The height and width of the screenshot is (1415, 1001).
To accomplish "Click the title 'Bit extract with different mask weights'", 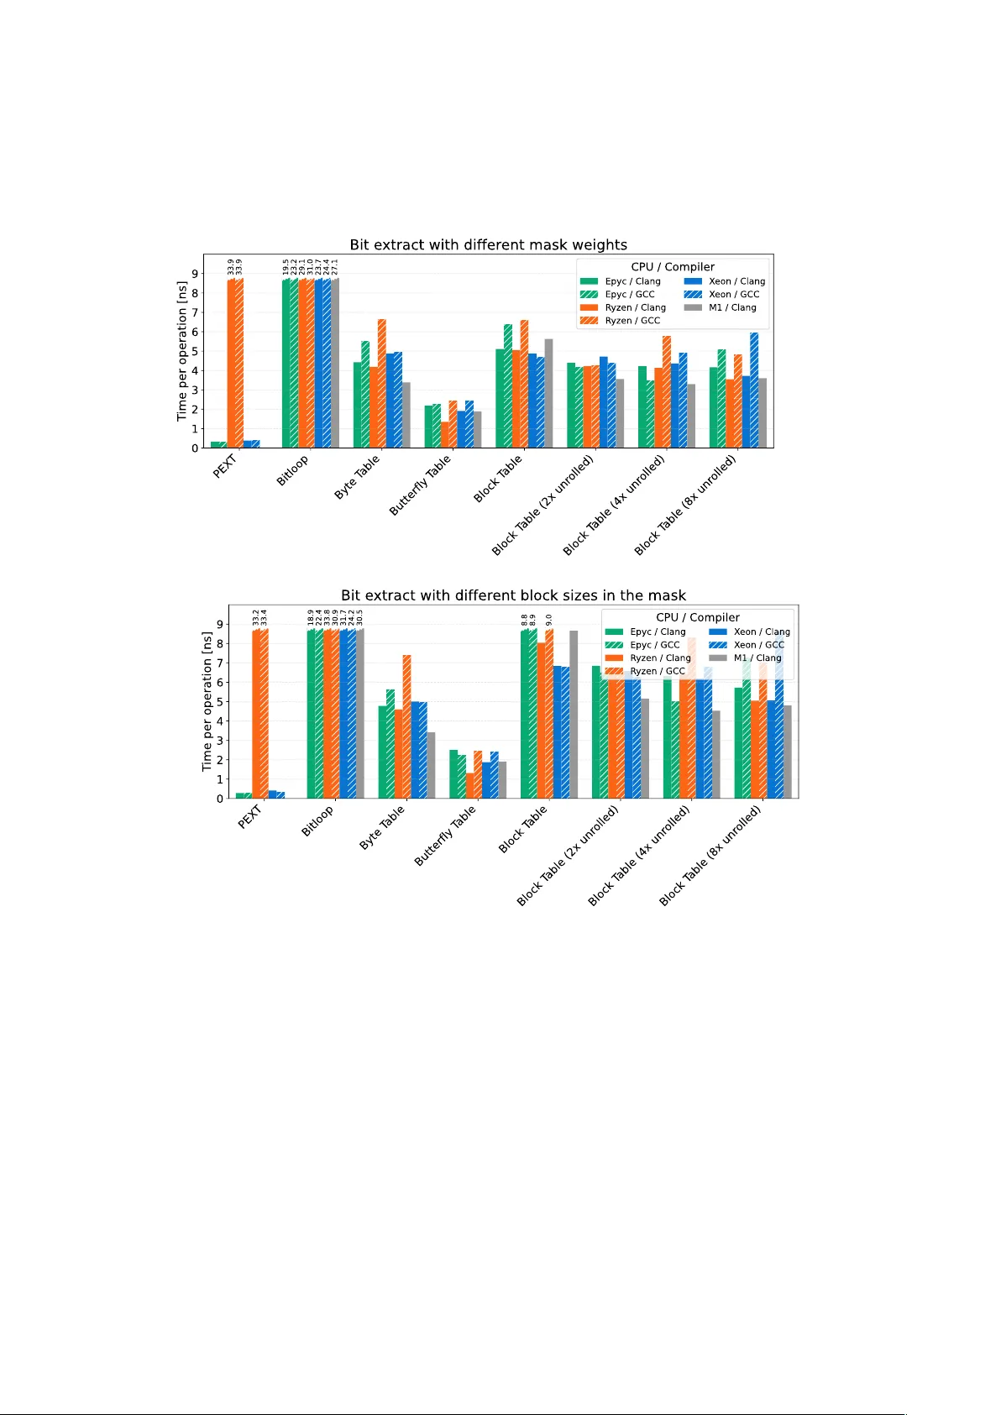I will click(488, 244).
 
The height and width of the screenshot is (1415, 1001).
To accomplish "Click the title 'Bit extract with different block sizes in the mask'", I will click(513, 595).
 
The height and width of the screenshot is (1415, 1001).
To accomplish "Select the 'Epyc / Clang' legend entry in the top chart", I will click(632, 281).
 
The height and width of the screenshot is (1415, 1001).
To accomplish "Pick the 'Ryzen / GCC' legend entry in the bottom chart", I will click(657, 671).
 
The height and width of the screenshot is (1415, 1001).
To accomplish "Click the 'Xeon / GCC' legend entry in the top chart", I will click(733, 294).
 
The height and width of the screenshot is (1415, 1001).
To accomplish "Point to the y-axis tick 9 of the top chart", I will click(195, 274).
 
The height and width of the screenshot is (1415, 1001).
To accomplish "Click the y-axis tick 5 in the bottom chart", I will click(220, 702).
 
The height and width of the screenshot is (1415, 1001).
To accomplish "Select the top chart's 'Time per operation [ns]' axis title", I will click(181, 351).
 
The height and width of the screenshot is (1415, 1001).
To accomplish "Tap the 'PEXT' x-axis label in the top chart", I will click(225, 466).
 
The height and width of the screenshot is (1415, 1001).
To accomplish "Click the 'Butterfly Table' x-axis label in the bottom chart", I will click(445, 836).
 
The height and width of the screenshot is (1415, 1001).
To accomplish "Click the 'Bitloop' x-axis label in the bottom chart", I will click(317, 820).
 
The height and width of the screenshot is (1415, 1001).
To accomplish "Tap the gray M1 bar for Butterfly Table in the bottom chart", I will click(502, 780).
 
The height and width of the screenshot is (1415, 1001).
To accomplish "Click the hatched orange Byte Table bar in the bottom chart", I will click(406, 726).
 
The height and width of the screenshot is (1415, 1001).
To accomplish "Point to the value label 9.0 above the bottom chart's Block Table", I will click(548, 620).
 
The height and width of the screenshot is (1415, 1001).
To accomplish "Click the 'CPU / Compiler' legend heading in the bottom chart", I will click(698, 617).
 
